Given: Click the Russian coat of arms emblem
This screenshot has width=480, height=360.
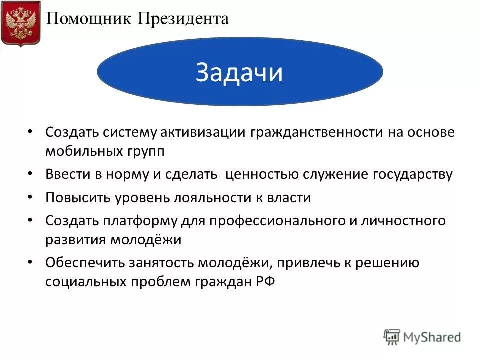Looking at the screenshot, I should pos(20,24).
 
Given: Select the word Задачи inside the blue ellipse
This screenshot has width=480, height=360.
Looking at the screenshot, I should pos(239,73).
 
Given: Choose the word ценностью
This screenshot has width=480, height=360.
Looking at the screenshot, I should pos(262,174).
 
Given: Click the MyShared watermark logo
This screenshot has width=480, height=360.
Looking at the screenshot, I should pos(422,337).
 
